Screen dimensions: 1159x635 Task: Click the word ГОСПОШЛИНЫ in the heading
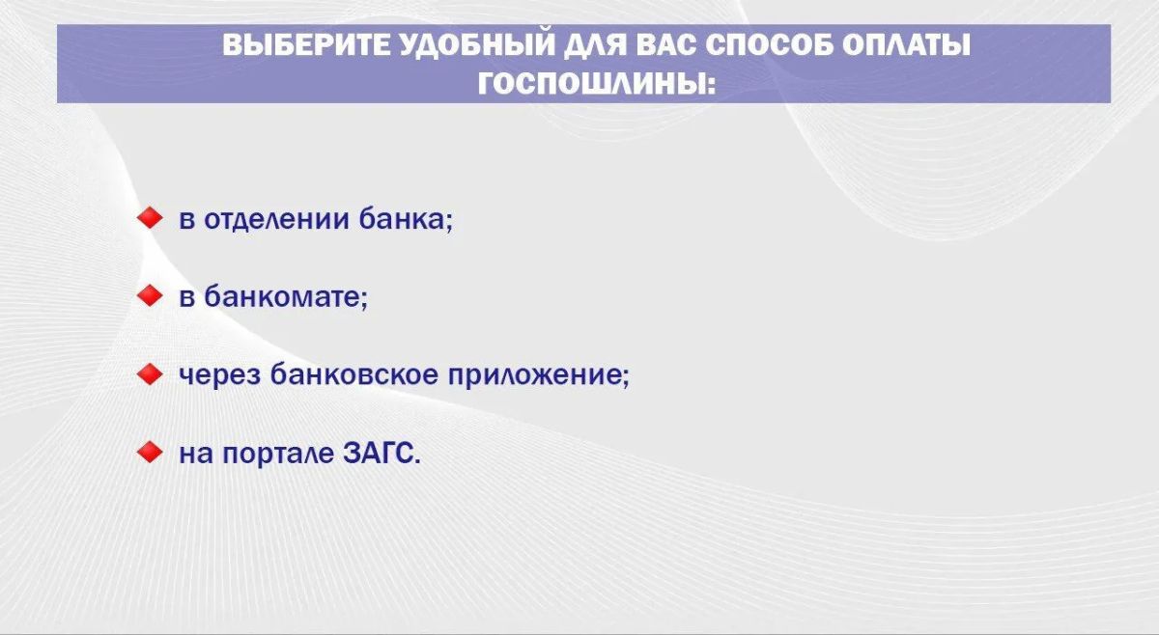coord(591,84)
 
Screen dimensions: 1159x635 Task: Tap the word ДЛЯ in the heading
coord(594,46)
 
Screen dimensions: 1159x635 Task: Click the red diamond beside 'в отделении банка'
coord(150,218)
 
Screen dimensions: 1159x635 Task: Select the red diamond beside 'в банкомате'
coord(150,295)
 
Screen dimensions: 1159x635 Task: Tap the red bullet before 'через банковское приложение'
coord(150,373)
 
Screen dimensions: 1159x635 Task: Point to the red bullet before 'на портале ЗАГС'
coord(150,452)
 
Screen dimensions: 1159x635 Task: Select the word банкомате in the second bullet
coord(286,296)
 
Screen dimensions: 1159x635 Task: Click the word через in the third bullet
coord(220,374)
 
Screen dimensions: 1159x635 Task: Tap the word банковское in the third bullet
coord(354,373)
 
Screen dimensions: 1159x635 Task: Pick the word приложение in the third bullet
coord(539,374)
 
